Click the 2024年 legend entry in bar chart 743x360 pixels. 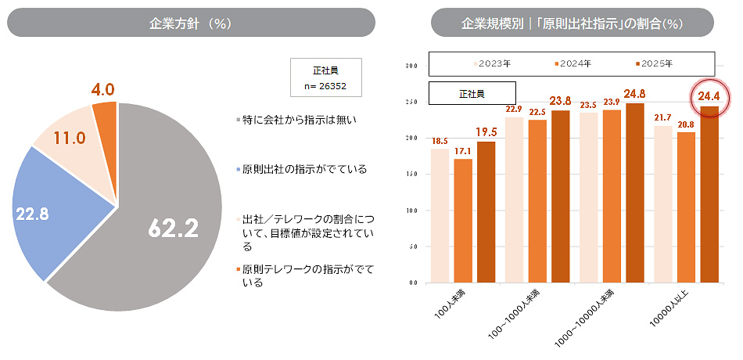tap(573, 63)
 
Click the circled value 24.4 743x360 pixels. tap(709, 97)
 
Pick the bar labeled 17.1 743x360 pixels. tap(463, 221)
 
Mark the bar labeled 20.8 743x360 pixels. tap(686, 207)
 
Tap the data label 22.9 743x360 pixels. tap(514, 109)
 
